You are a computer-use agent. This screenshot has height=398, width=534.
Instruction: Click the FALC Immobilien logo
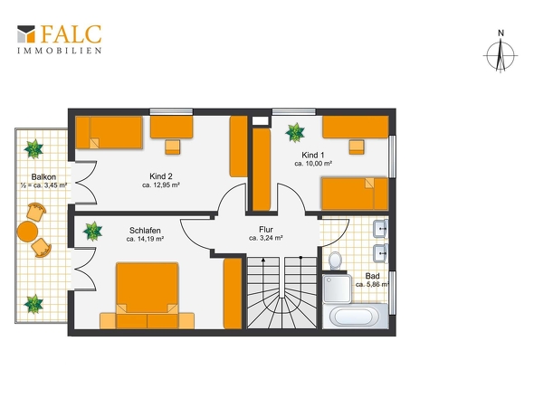point(60,39)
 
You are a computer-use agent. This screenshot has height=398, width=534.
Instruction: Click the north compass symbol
point(501,52)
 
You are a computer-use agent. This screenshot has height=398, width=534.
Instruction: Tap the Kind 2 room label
point(161,176)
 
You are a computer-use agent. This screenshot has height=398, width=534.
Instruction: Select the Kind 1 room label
point(313,156)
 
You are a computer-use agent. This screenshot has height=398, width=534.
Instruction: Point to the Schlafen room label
point(145,231)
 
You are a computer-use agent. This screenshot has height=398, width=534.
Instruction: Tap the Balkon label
point(43,177)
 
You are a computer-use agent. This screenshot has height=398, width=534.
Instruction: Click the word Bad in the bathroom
point(372,276)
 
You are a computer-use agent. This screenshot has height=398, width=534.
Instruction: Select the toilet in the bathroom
point(336,261)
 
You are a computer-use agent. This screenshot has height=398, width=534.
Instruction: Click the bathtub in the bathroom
point(356,317)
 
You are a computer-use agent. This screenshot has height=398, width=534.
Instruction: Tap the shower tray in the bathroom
point(337,289)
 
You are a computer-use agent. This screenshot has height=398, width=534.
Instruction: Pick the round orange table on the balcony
point(27,232)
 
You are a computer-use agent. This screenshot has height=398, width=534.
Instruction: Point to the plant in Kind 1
point(295,132)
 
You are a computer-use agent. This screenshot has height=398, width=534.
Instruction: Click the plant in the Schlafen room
point(92,232)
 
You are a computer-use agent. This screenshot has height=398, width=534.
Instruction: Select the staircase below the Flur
point(281,292)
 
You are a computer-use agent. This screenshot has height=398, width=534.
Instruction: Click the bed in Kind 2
point(109,132)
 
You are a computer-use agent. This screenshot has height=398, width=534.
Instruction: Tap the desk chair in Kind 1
point(357,147)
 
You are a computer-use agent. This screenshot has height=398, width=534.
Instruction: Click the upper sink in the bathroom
point(380,229)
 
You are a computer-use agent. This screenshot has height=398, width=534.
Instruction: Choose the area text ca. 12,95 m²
point(161,185)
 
